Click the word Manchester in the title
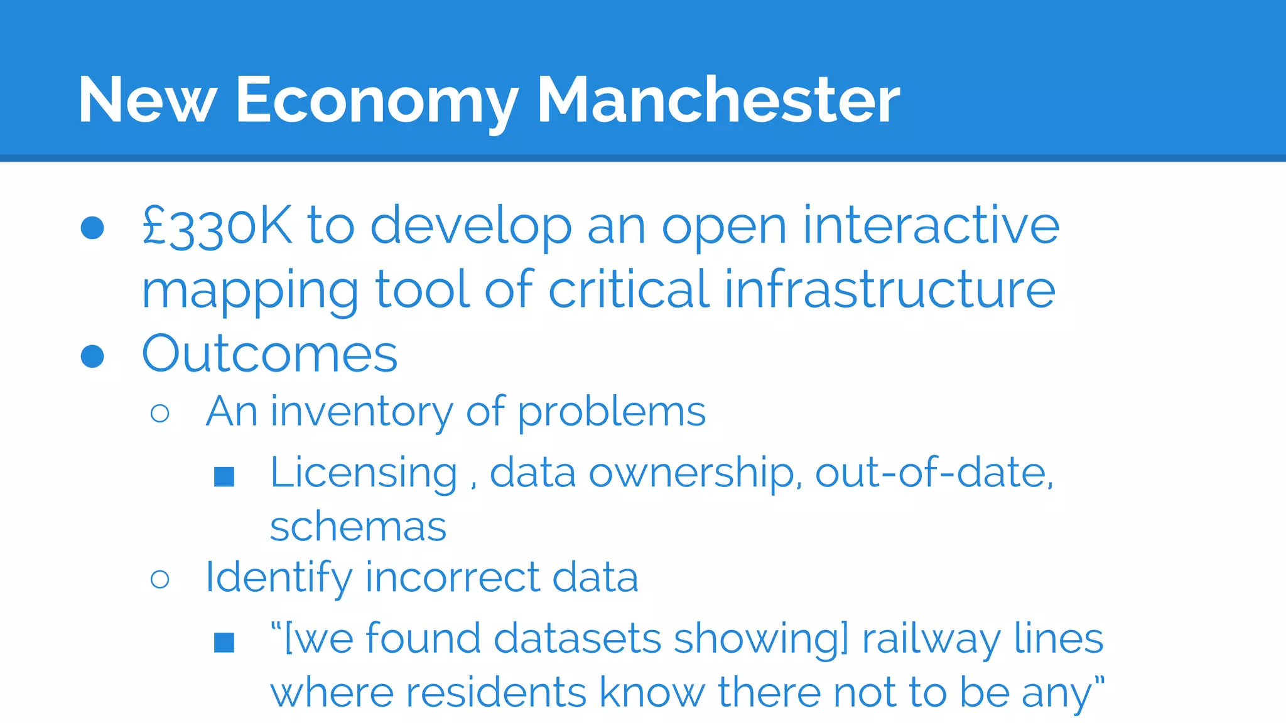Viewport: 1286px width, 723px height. coord(718,100)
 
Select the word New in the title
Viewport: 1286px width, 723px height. coord(147,100)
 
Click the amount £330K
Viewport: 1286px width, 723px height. coord(217,226)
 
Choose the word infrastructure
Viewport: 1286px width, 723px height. coord(890,289)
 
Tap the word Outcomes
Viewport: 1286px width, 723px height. coord(270,354)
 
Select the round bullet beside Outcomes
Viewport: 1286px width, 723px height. coord(92,356)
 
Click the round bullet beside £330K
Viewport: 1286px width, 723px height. coord(92,228)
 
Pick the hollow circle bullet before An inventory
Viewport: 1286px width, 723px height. coord(160,413)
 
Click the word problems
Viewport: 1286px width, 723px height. coord(612,413)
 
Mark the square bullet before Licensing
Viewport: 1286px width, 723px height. coord(224,476)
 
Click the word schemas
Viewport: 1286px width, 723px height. coord(358,527)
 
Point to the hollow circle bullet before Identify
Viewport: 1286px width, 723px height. coord(160,579)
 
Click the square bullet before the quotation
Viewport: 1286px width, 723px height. coord(224,642)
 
